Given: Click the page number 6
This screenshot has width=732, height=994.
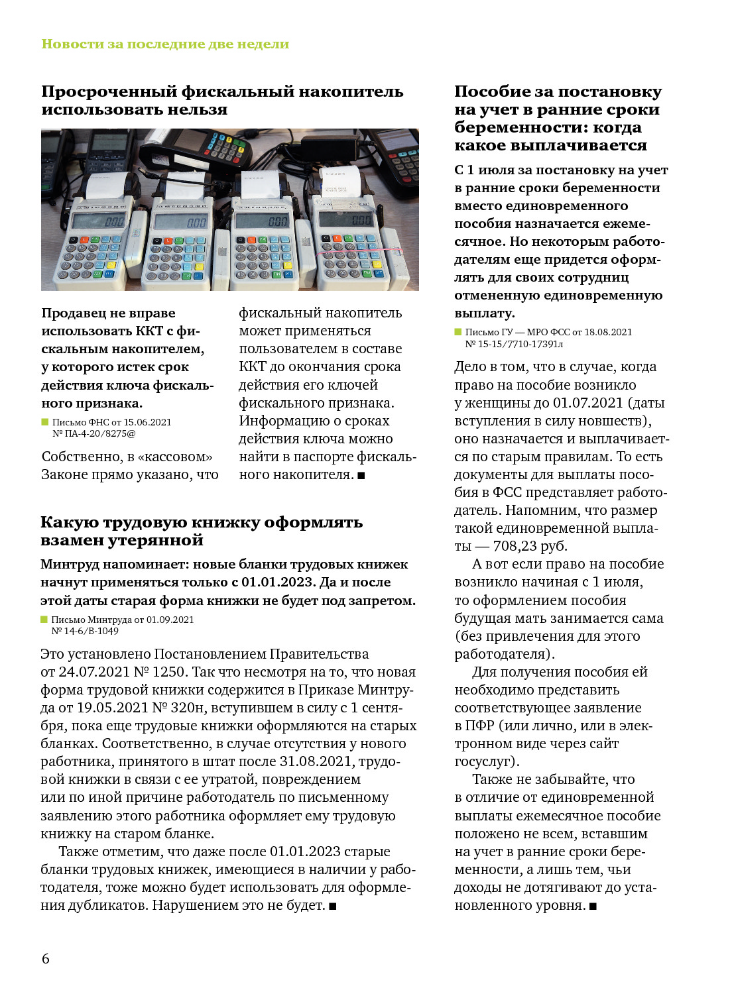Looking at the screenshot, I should pyautogui.click(x=45, y=958).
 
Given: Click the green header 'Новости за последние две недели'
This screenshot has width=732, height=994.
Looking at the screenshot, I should pyautogui.click(x=165, y=44).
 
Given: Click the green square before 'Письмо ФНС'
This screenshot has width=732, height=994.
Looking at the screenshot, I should pyautogui.click(x=45, y=422).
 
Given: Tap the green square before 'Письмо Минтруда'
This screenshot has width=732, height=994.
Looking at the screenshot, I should pyautogui.click(x=44, y=620).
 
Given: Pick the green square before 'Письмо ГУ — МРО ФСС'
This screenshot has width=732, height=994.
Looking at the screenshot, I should pyautogui.click(x=458, y=332).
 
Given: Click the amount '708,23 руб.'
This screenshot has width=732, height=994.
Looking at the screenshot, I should pyautogui.click(x=530, y=546).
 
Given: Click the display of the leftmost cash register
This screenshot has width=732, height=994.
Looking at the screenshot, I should pyautogui.click(x=99, y=221).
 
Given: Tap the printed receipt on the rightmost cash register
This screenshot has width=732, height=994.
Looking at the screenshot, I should pyautogui.click(x=339, y=182).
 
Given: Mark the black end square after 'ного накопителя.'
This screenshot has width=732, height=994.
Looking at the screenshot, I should pyautogui.click(x=361, y=475).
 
